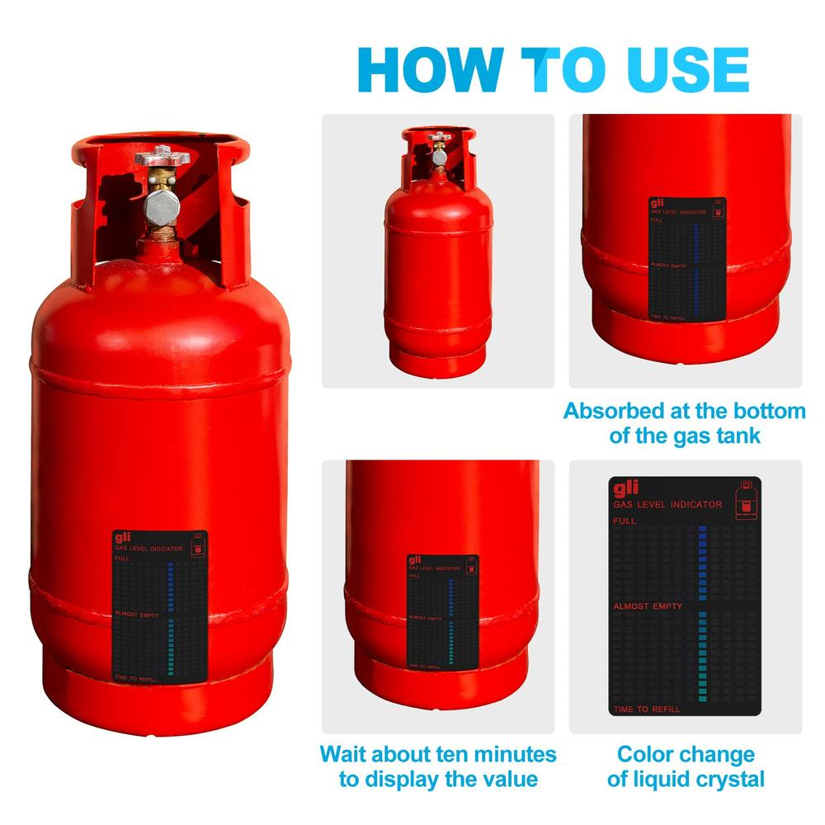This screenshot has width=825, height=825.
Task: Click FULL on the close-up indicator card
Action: coord(625,521)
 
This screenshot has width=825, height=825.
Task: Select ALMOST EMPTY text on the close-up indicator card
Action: coord(648,606)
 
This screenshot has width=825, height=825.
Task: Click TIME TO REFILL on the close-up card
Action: coord(647,709)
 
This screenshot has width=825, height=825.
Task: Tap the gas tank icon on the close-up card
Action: coord(747,498)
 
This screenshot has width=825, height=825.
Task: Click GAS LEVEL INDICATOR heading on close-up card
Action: coord(667,504)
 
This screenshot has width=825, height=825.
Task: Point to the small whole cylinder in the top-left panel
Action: coord(438,252)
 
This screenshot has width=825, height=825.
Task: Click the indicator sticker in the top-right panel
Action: coord(687,258)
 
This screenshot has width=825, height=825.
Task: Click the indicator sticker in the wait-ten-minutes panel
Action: coord(442,610)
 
